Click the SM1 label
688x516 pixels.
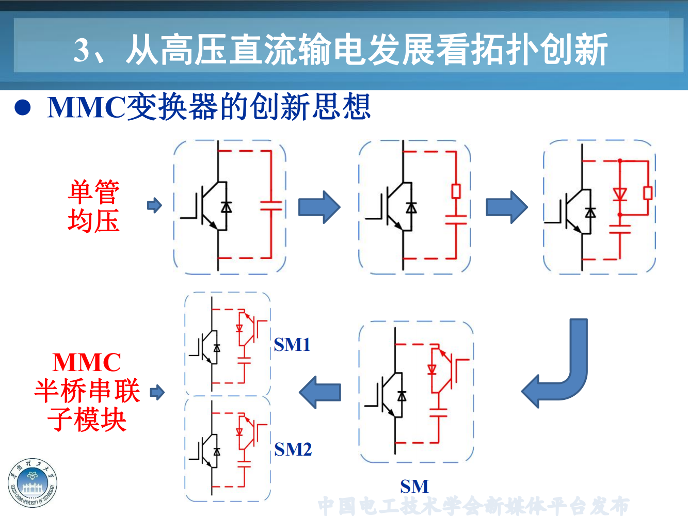click(x=292, y=344)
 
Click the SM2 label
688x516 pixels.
click(x=293, y=449)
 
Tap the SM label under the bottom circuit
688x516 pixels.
click(x=414, y=486)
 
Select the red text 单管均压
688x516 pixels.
click(x=94, y=206)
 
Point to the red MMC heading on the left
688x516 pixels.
click(x=87, y=362)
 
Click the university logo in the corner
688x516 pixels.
click(x=32, y=483)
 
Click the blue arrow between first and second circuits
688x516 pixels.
click(x=319, y=207)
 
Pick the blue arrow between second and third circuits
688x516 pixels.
click(x=506, y=207)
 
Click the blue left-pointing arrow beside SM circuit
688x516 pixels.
click(x=320, y=392)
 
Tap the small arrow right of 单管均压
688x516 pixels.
click(x=154, y=205)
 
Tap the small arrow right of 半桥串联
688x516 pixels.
click(x=157, y=392)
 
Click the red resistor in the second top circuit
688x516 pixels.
click(x=456, y=191)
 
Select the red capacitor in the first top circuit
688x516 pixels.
click(x=271, y=205)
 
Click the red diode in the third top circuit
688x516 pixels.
click(x=620, y=194)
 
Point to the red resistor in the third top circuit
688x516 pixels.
click(x=648, y=193)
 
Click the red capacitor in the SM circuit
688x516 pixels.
click(x=438, y=412)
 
